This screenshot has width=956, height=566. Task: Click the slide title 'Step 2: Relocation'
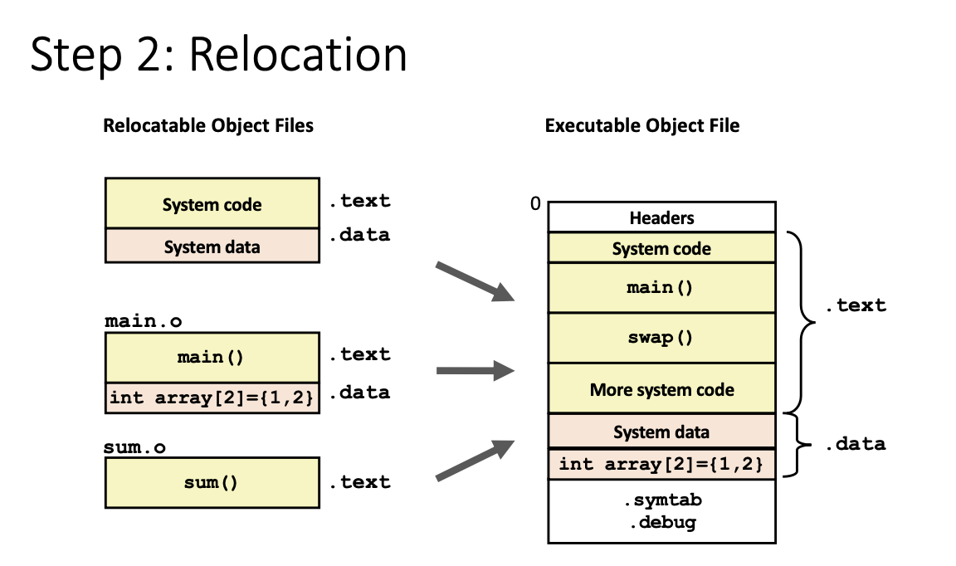[218, 55]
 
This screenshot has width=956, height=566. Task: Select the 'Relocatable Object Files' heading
[208, 125]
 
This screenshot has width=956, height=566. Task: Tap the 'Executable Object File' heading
[642, 125]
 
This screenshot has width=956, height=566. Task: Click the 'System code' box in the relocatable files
[212, 203]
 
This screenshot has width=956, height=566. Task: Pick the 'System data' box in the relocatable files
[212, 246]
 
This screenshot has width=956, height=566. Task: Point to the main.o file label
[144, 321]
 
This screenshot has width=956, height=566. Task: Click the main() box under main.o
[212, 358]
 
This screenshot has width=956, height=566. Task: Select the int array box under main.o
[212, 398]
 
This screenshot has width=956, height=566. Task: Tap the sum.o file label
[134, 447]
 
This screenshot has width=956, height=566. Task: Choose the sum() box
[212, 482]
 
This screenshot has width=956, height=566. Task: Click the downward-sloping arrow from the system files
[475, 282]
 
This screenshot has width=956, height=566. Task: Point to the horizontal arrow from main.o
[476, 370]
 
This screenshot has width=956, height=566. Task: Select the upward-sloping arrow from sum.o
[475, 460]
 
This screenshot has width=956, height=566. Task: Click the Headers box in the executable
[662, 217]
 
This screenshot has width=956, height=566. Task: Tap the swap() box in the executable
[662, 338]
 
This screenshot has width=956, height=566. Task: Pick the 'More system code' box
[662, 389]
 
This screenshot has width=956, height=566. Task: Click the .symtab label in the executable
[663, 500]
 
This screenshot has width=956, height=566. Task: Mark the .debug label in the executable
[663, 523]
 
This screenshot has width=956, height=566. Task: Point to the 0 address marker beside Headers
[535, 203]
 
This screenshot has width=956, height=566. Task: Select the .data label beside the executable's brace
[856, 443]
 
